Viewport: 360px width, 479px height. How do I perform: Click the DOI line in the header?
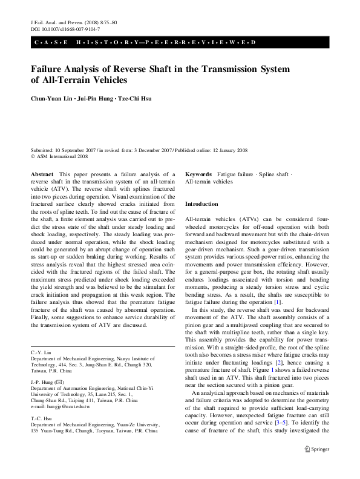[x=56, y=28]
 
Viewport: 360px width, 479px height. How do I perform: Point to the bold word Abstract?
[x=41, y=174]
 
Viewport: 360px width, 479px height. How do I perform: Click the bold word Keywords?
[x=198, y=174]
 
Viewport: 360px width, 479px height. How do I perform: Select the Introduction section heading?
[x=201, y=204]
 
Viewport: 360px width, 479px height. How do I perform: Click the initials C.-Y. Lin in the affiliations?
[x=40, y=352]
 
